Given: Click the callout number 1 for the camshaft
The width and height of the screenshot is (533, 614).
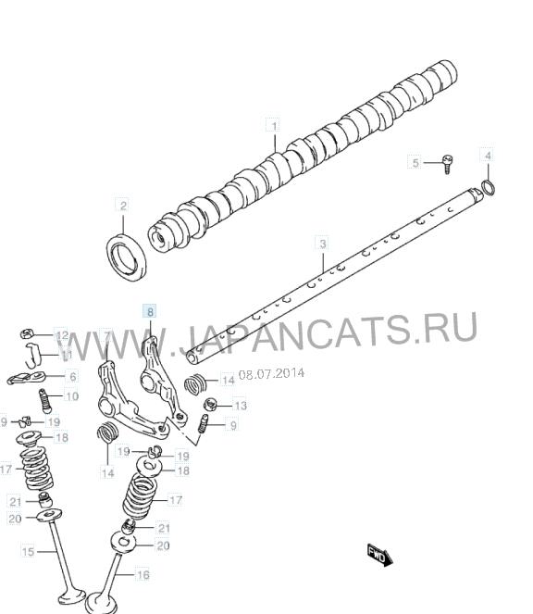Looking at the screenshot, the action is click(274, 126).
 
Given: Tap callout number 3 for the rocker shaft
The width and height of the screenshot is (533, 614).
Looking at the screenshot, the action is click(322, 244).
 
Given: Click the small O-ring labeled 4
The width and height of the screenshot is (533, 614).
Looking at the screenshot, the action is click(489, 187).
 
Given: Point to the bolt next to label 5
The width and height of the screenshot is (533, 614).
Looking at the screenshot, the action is click(448, 164).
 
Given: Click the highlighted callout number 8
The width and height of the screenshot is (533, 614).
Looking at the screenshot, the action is click(150, 312).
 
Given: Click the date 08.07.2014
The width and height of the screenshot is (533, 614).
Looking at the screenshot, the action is click(271, 373).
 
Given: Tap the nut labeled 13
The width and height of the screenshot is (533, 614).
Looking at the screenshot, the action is click(211, 404).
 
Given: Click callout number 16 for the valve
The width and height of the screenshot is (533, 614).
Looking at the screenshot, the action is click(143, 574).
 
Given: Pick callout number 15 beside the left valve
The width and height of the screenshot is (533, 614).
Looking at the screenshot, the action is click(28, 552).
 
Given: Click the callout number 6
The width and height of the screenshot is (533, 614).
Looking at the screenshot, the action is click(73, 377).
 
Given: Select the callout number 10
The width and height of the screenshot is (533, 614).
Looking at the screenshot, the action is click(72, 396).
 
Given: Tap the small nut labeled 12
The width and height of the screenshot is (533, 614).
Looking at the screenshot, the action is click(26, 334).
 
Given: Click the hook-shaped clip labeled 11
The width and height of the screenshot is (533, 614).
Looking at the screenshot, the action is click(33, 355).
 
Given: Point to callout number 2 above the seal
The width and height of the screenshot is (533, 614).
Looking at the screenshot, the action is click(123, 206).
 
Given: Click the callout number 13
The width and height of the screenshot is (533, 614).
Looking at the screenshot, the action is click(241, 406).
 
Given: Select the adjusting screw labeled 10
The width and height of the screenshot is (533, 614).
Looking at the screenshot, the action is click(45, 401).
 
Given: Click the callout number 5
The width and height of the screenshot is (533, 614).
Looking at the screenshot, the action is click(415, 162).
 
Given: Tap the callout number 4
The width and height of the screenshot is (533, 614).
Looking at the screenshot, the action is click(488, 156).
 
